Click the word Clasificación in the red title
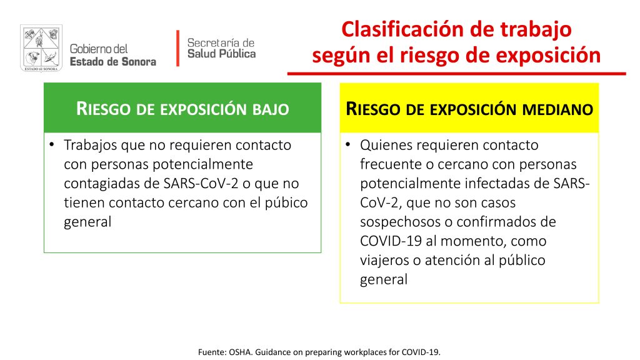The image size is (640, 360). [x=402, y=30]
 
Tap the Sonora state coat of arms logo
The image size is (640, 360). [x=41, y=48]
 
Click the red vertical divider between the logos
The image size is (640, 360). [x=178, y=48]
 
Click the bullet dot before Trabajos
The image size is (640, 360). [x=51, y=144]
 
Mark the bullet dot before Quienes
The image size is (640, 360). [x=347, y=144]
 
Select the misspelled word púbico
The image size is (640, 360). [x=286, y=203]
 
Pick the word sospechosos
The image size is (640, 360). [x=399, y=222]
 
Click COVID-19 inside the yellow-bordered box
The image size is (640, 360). [x=391, y=241]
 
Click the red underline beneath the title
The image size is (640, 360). [x=457, y=74]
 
